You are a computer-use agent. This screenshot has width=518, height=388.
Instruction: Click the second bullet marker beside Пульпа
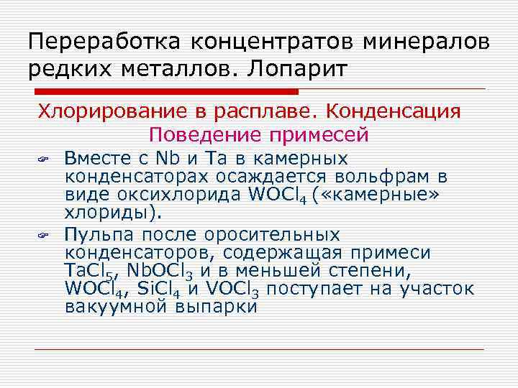(43, 235)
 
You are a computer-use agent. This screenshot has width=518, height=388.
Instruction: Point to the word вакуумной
(118, 307)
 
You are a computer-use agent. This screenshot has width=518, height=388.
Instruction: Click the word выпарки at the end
(215, 307)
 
